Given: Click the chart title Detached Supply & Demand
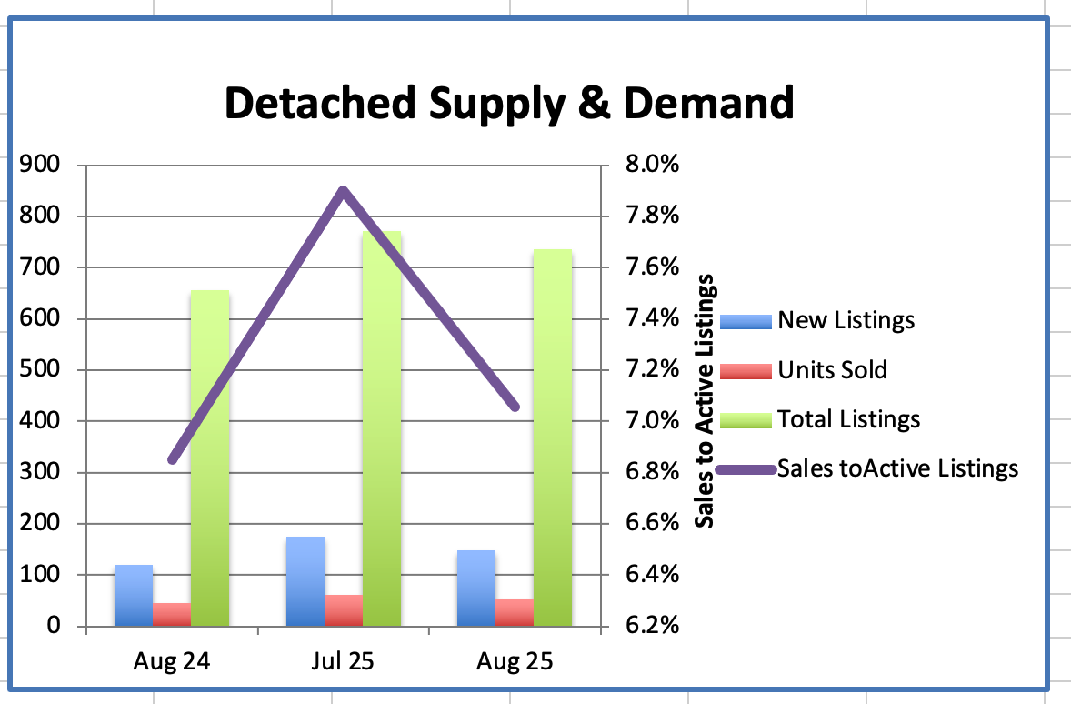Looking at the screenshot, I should click(x=509, y=103).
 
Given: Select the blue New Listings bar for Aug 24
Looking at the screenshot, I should click(x=134, y=596).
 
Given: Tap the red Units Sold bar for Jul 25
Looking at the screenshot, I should click(x=344, y=610).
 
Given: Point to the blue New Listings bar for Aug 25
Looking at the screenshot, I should click(x=476, y=588).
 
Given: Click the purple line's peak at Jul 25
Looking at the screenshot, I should click(x=343, y=190).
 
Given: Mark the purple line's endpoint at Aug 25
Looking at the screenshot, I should click(x=515, y=407).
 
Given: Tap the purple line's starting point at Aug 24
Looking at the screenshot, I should click(x=173, y=459).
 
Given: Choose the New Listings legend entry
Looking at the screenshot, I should click(x=846, y=320).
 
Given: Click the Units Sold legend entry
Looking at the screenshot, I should click(x=832, y=370).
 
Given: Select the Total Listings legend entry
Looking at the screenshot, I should click(x=848, y=419).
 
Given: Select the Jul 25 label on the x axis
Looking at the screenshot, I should click(x=343, y=661).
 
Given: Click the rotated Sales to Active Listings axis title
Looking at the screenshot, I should click(x=705, y=400).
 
